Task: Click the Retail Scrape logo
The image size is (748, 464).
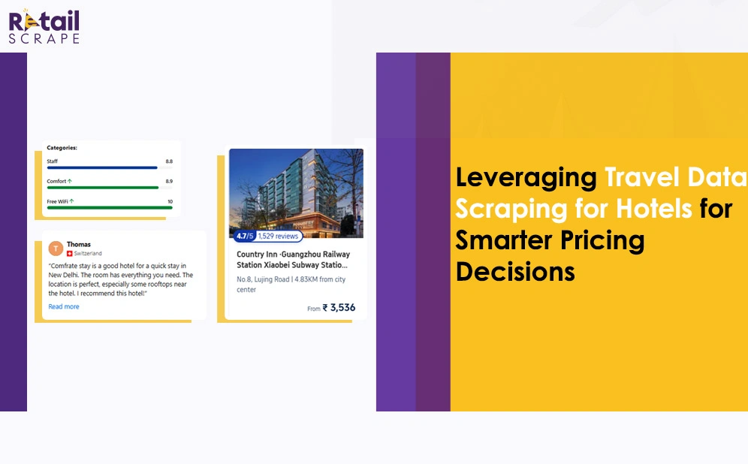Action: [44, 27]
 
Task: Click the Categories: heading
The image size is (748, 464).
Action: [62, 148]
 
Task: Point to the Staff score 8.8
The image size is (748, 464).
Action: [169, 161]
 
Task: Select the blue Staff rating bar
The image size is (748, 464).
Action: [102, 168]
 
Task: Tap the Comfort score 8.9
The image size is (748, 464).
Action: [169, 181]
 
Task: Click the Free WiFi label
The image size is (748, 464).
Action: [57, 202]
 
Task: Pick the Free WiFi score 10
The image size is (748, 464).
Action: [170, 202]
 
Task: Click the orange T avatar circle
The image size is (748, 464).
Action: [56, 249]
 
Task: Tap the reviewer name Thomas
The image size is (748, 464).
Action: [79, 244]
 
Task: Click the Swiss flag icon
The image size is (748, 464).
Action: [70, 253]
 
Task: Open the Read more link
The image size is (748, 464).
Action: [64, 306]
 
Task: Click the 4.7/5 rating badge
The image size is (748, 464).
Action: [245, 236]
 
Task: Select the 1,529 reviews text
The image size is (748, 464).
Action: [278, 236]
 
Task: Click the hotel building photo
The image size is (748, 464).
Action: [296, 193]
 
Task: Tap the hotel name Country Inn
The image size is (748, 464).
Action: [257, 255]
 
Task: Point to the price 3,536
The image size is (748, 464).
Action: [342, 308]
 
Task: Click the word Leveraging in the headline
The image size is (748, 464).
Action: [526, 179]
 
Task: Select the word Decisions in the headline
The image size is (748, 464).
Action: [515, 272]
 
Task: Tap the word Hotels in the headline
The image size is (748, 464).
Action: [654, 209]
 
